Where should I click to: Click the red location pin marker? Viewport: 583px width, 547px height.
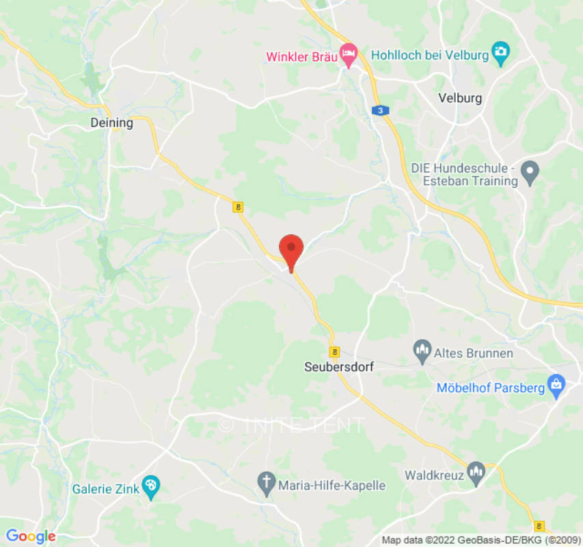292,250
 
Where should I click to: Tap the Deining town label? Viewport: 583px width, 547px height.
111,123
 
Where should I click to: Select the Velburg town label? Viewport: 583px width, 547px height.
460,98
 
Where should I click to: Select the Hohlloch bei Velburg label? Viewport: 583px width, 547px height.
430,54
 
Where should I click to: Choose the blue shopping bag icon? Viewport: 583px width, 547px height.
556,386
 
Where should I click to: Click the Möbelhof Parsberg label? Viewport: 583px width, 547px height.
491,388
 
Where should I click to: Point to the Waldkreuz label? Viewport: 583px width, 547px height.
435,475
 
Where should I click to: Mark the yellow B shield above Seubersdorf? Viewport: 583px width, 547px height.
334,351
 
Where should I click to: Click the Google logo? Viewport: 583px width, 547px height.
31,537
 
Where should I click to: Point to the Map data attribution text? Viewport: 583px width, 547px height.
478,540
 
